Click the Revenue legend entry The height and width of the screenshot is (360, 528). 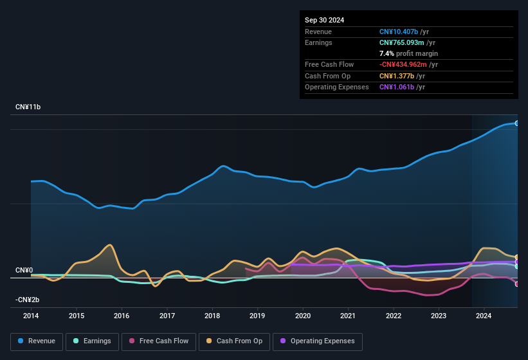pos(37,341)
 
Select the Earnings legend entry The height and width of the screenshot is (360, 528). pos(92,341)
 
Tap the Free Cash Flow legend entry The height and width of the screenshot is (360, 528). pos(159,341)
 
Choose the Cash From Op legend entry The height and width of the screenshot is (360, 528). pos(235,341)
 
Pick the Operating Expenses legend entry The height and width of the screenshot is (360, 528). pos(317,341)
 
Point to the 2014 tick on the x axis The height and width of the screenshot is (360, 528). pos(31,316)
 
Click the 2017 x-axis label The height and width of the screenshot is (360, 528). pos(167,316)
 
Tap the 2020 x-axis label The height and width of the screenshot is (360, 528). pos(303,316)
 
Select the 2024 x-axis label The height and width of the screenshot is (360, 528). pos(484,316)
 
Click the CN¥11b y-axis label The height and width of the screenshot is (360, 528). pos(28,107)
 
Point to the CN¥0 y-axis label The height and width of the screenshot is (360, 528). pos(24,271)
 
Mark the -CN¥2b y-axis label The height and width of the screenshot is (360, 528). pos(27,300)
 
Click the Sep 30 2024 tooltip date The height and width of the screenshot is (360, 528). pos(324,20)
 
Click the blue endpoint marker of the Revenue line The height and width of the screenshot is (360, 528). pos(516,123)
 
